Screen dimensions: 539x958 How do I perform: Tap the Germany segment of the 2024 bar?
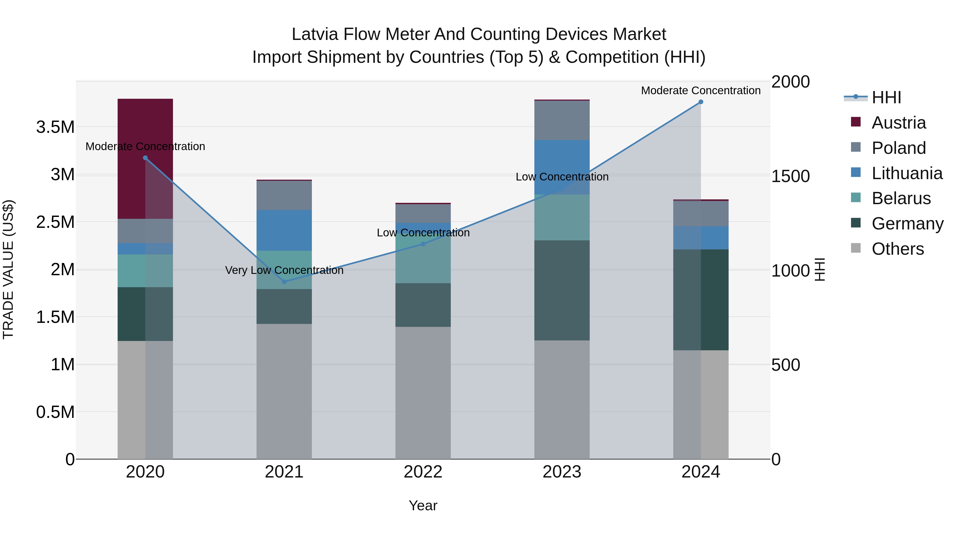(701, 299)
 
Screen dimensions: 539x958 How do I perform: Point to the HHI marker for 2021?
(284, 282)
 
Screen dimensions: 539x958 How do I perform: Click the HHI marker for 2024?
(701, 102)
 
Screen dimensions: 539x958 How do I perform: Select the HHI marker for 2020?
(145, 158)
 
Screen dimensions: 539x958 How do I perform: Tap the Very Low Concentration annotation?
(284, 270)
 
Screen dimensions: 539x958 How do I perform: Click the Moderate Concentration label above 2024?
(701, 90)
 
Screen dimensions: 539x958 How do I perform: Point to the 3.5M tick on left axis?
(55, 127)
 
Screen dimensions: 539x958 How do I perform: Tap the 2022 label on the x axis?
(423, 472)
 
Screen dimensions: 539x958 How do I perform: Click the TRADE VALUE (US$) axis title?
(8, 269)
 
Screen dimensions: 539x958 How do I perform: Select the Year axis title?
(423, 505)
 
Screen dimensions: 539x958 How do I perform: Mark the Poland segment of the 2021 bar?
(284, 195)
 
